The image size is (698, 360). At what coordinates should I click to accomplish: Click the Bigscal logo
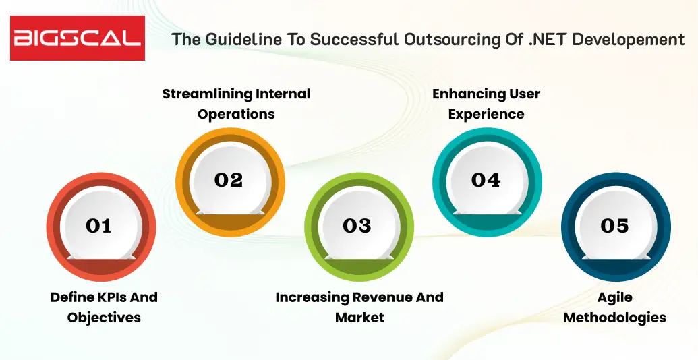click(x=77, y=38)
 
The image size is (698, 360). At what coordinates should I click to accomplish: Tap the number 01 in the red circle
click(x=98, y=226)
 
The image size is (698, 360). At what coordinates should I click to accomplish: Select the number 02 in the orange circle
click(x=229, y=180)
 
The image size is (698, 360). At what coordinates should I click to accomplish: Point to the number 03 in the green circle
click(x=357, y=226)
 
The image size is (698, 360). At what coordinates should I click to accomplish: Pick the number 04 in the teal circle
click(x=486, y=180)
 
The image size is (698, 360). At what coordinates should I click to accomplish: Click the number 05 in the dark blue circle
click(x=614, y=226)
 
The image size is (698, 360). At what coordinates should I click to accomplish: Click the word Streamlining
click(x=207, y=94)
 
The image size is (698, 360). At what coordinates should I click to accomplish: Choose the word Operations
click(x=236, y=114)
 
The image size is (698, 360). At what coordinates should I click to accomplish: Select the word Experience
click(x=486, y=114)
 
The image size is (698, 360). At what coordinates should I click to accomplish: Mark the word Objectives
click(x=104, y=318)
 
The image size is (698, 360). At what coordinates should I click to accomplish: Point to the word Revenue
click(x=374, y=297)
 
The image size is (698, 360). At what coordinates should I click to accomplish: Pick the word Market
click(x=359, y=318)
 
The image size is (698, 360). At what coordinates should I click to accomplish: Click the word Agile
click(x=614, y=297)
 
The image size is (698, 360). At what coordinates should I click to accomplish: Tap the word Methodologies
click(x=614, y=318)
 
